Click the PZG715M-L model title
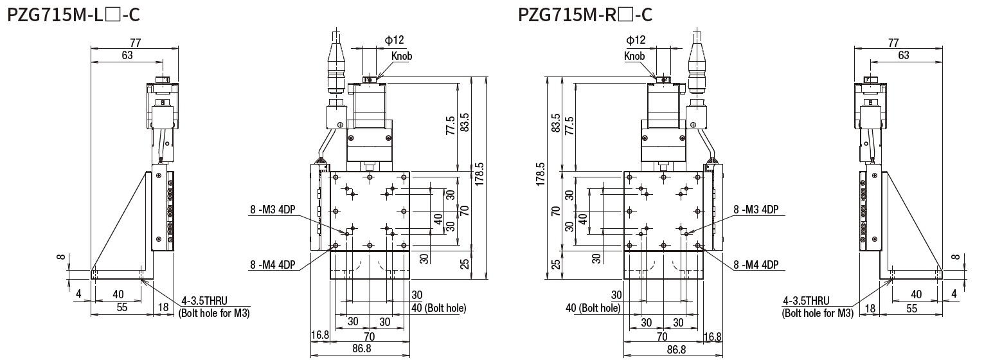click(73, 14)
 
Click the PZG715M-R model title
click(585, 14)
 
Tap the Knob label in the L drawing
click(401, 56)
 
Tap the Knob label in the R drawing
click(634, 56)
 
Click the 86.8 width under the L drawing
click(359, 349)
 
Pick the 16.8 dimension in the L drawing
click(319, 336)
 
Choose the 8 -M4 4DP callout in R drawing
click(756, 264)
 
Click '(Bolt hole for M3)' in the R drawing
click(817, 313)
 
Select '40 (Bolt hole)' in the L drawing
click(438, 308)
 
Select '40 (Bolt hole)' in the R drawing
click(593, 308)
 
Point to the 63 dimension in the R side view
click(903, 56)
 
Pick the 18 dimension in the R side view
click(871, 308)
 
